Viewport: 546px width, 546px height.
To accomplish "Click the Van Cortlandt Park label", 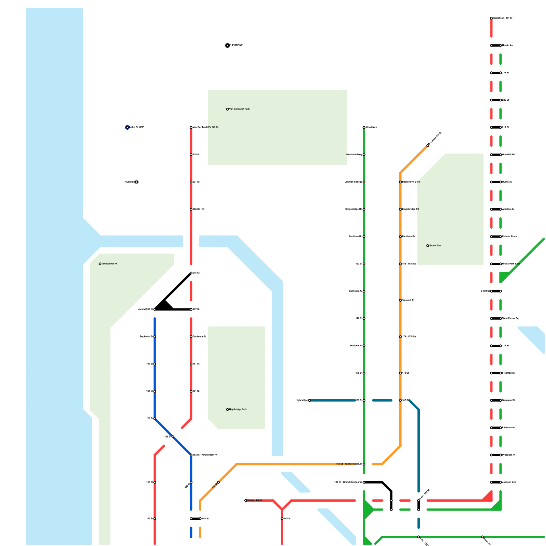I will (239, 109).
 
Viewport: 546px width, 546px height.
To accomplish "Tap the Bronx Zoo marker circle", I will (428, 246).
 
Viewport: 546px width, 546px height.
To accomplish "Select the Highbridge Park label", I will (238, 409).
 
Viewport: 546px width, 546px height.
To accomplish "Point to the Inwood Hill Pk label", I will (110, 264).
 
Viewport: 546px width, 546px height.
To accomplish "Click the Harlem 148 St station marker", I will (246, 501).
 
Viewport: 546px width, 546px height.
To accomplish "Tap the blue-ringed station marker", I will (127, 127).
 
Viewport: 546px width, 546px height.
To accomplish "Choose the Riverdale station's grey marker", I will (136, 182).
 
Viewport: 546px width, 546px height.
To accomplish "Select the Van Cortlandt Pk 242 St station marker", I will (191, 127).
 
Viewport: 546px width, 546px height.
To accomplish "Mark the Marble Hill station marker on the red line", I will (191, 209).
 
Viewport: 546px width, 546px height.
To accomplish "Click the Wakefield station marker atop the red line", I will (491, 18).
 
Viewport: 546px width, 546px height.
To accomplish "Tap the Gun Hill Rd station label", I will (508, 155).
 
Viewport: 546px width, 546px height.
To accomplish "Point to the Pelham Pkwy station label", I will (509, 236).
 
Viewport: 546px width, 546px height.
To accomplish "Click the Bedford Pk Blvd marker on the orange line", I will (400, 182).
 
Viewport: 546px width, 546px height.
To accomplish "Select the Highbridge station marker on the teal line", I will (310, 400).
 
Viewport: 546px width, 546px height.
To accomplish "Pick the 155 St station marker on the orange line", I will (218, 482).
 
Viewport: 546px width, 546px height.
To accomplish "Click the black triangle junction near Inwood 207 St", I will (164, 306).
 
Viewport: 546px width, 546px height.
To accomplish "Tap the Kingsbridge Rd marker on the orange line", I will (400, 209).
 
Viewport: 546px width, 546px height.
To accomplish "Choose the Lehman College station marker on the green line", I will (364, 182).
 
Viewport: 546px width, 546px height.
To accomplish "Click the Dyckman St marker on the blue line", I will (155, 337).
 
